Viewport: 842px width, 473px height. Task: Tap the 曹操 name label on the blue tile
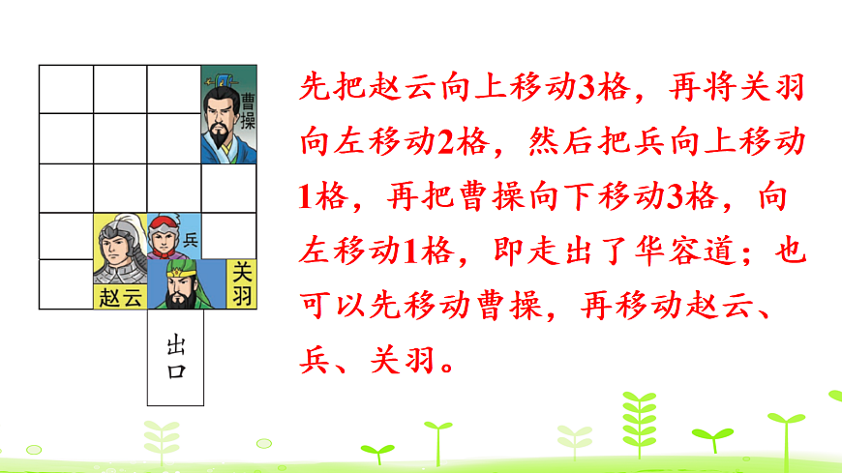point(247,111)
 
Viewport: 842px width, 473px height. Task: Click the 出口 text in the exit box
point(175,357)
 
